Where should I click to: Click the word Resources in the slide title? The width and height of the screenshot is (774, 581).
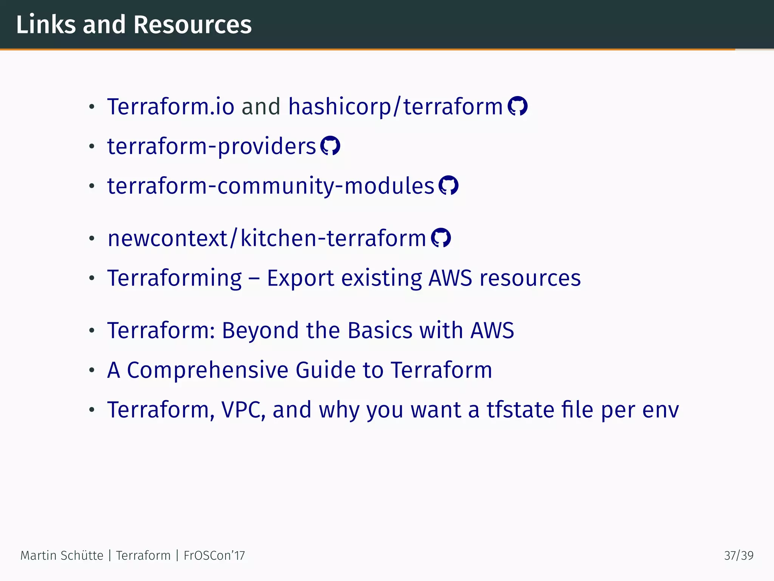(x=192, y=25)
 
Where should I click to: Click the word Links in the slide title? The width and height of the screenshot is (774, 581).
(x=46, y=25)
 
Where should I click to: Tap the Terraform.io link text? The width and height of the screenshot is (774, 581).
(x=171, y=106)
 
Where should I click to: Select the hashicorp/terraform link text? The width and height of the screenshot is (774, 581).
(x=395, y=106)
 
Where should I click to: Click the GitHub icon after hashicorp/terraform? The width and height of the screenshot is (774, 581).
(x=517, y=106)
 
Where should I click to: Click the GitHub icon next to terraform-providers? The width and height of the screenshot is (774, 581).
(x=330, y=146)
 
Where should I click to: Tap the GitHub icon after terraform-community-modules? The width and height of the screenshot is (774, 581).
(x=448, y=185)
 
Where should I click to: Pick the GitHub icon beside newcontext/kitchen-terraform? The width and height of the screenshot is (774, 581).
(x=441, y=238)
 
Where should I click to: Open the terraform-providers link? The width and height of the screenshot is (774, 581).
(x=211, y=146)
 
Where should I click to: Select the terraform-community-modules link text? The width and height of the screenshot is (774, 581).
(x=271, y=186)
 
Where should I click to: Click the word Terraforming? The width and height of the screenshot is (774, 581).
(x=174, y=278)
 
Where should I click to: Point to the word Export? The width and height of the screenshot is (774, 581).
(x=300, y=278)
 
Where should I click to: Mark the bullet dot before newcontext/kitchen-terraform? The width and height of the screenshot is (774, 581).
(x=91, y=239)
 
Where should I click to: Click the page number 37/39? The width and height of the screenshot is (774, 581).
(x=738, y=555)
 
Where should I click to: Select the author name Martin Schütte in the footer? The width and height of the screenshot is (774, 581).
(x=62, y=555)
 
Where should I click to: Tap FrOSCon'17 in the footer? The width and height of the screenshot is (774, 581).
(x=214, y=555)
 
